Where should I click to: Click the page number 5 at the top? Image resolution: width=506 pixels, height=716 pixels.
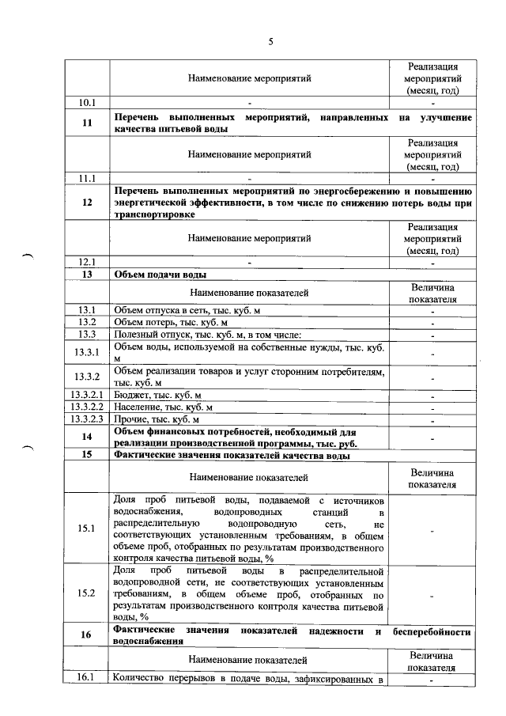coord(270,42)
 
